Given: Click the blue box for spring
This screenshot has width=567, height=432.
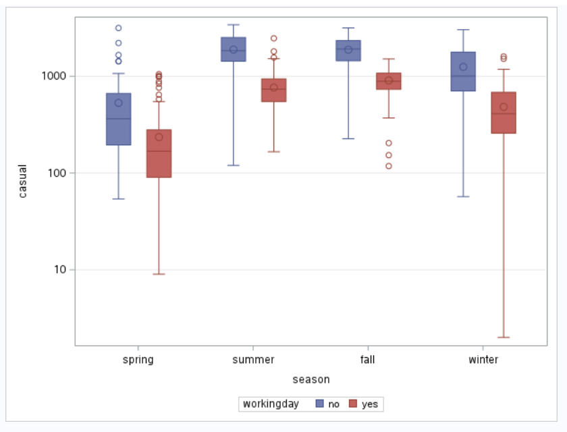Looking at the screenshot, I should coord(118,119).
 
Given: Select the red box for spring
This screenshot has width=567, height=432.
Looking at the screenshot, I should coord(159,153).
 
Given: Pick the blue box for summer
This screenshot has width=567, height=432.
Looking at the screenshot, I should coord(234,49).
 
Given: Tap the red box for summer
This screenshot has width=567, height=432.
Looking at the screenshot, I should coord(273,90).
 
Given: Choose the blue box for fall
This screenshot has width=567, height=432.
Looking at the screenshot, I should coord(348,51).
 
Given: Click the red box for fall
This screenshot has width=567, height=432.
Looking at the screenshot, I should coord(389,81).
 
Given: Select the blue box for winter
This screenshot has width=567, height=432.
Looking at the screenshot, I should coord(463,71).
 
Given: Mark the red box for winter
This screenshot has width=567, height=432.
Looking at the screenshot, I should coord(504,113).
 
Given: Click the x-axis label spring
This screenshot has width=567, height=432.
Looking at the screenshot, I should coord(138,360).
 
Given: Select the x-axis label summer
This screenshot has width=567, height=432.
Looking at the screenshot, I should coord(253,360).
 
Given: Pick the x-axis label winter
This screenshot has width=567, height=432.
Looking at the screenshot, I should coord(483,360).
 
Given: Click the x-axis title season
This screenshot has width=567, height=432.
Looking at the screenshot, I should coord(310,380).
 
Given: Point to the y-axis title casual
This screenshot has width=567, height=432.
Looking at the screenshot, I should coord(23,181).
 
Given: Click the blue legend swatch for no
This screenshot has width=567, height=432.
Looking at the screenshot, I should coord(321,404).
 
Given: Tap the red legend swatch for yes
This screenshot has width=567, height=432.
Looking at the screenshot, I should coord(353,404).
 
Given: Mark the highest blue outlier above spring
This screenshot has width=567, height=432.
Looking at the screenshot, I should coord(118,28).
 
